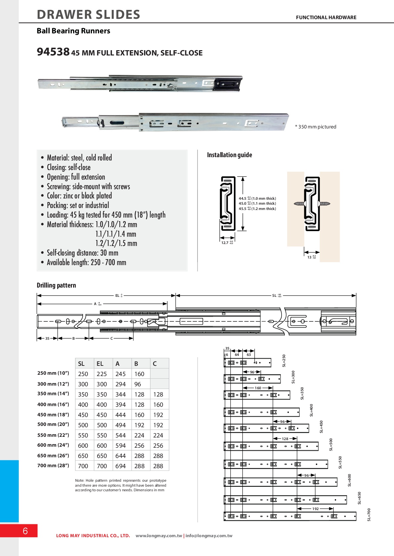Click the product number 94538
53,52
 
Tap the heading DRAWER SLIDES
89,15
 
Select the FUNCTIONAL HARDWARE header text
326,17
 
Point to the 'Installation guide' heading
229,155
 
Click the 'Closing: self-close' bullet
68,167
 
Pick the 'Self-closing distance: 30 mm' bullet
82,253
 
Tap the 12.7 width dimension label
225,243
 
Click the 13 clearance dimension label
310,257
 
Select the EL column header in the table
100,364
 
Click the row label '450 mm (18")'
53,415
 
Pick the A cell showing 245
120,374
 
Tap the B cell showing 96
138,384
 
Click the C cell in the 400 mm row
158,404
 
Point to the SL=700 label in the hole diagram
369,514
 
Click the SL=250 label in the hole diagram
284,361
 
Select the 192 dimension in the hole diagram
315,509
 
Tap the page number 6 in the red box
25,531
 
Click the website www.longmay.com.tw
159,536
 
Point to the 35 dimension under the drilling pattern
47,338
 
